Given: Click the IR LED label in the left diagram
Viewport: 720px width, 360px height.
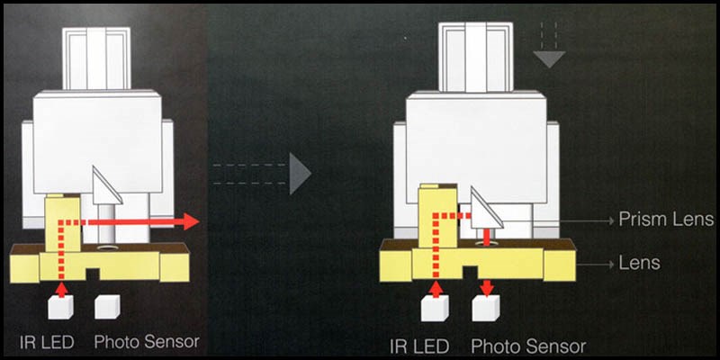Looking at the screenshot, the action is (47, 342).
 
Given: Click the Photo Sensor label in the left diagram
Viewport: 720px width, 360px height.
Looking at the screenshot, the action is (147, 342).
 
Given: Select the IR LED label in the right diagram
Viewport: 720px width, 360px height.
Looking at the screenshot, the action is (418, 346).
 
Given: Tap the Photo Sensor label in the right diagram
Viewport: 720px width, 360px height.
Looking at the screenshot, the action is (528, 346).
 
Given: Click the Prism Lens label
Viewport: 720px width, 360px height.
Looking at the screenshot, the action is (665, 220).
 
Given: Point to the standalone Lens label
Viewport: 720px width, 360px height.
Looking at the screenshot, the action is (639, 263).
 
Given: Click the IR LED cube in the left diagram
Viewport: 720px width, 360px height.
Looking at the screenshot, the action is (60, 307).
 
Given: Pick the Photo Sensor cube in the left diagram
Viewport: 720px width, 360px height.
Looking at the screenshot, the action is (107, 307).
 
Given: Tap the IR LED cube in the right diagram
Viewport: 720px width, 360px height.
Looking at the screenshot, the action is (435, 309).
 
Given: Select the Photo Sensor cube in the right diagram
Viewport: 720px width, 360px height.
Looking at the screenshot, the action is (486, 308).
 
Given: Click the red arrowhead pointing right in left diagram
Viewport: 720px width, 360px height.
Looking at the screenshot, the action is (191, 221).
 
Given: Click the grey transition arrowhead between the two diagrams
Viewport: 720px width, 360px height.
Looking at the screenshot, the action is (301, 174).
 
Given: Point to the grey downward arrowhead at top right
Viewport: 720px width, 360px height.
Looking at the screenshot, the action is (549, 59).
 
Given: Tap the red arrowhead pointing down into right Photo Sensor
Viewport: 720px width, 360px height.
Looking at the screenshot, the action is (487, 289).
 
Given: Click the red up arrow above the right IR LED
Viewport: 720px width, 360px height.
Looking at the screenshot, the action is (436, 289).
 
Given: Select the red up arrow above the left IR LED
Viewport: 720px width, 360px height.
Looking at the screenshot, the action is (61, 290).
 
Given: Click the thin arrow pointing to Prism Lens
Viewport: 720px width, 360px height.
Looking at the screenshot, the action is (587, 220).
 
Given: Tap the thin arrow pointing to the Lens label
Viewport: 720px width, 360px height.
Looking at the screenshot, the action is (595, 265).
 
